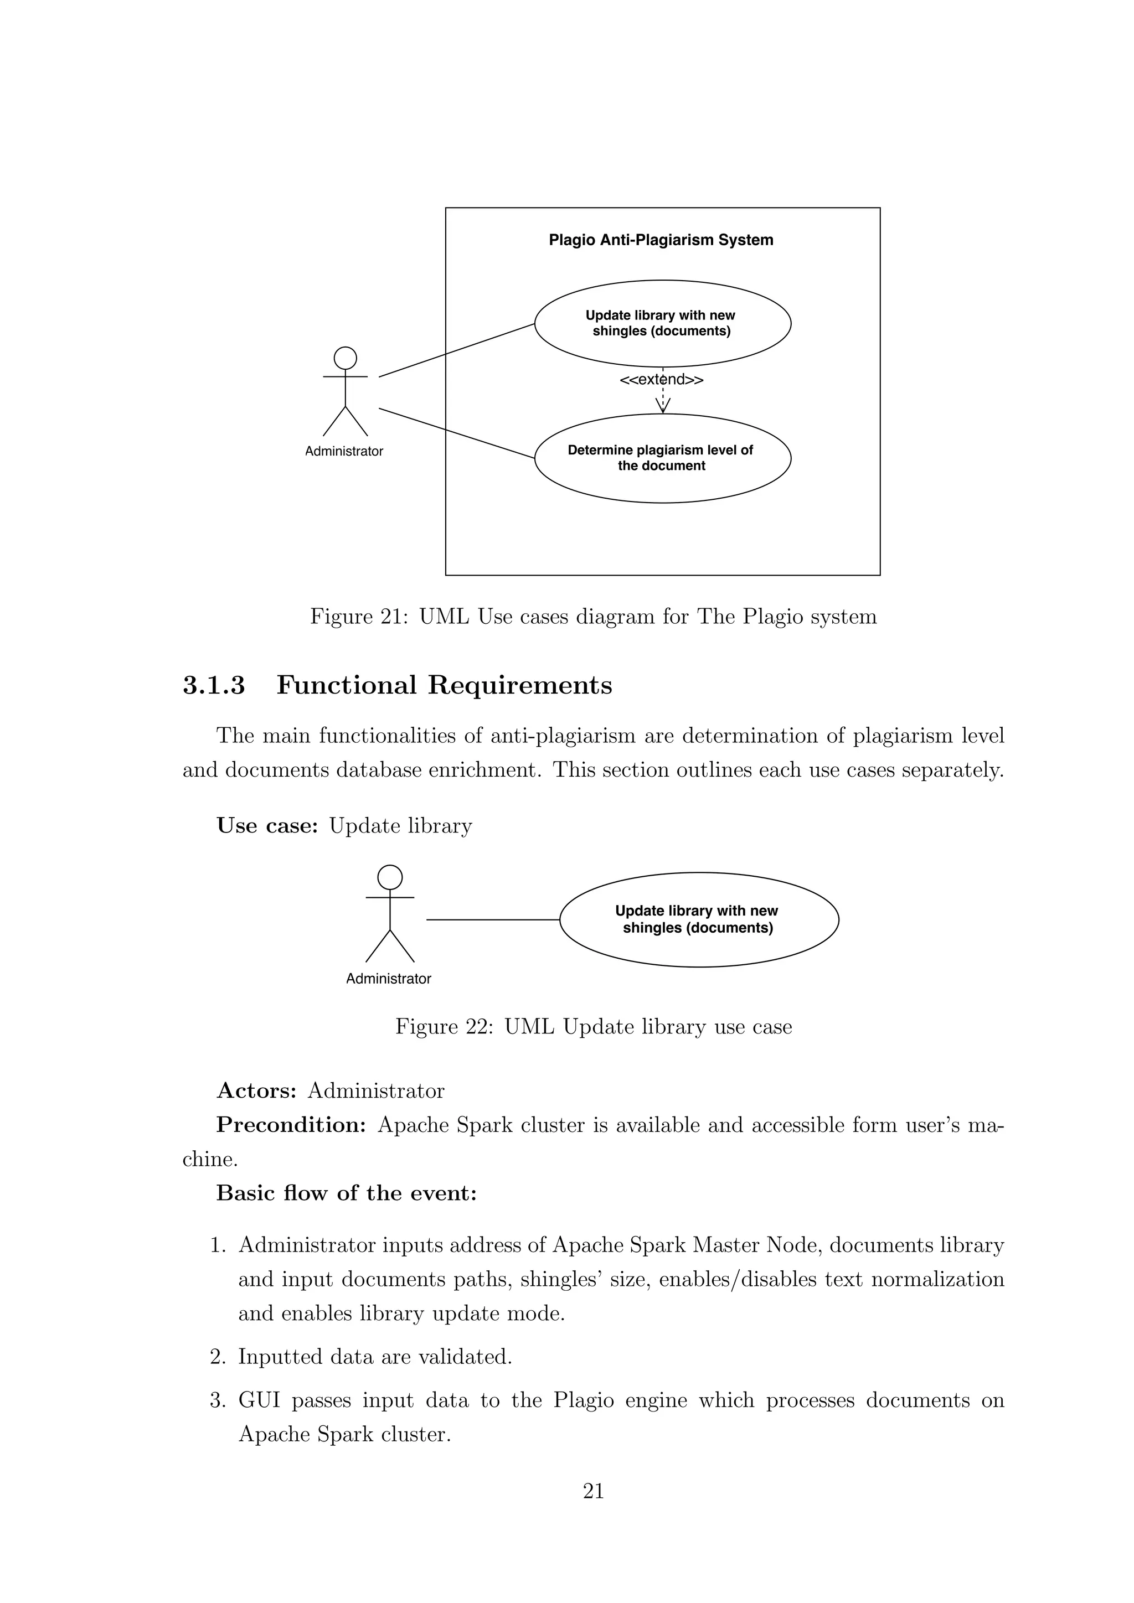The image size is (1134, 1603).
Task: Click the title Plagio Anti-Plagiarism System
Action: coord(661,240)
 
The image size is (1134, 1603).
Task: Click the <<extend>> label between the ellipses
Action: coord(661,380)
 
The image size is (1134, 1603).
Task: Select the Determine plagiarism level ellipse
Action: coord(662,458)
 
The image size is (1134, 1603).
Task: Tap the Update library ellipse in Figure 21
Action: coord(662,323)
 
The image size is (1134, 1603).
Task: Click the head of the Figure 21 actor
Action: coord(345,358)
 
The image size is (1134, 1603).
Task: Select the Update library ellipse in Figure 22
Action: coord(698,919)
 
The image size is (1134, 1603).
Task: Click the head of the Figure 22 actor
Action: coord(390,877)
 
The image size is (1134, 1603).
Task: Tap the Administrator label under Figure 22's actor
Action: coord(388,979)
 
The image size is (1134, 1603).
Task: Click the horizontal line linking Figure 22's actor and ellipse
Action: coord(492,920)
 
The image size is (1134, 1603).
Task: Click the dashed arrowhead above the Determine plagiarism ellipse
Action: coord(662,406)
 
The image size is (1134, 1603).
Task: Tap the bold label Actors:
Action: coord(257,1090)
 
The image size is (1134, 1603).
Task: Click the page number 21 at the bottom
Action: coord(593,1491)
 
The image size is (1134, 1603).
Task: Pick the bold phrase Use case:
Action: coord(267,826)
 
